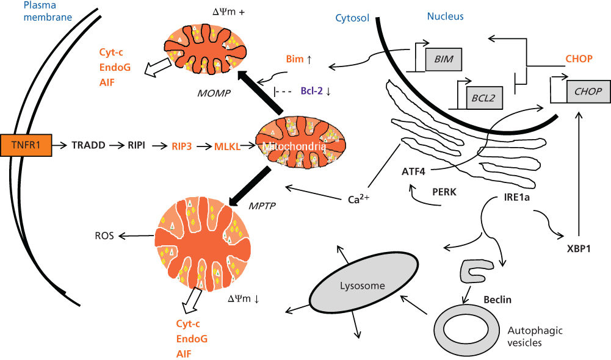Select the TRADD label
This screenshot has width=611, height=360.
(x=89, y=146)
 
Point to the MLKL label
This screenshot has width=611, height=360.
(x=226, y=146)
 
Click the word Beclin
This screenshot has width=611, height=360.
(x=497, y=300)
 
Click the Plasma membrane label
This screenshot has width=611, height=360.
(x=47, y=11)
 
